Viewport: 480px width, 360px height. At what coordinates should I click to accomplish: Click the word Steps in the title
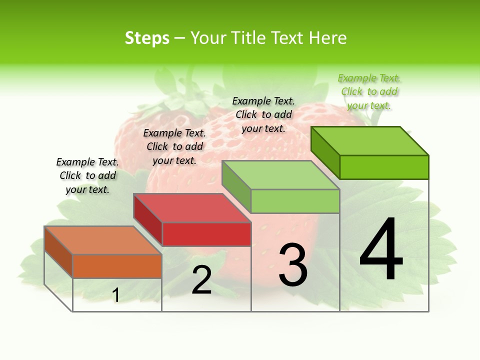(147, 38)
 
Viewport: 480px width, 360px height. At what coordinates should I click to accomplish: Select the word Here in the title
(327, 38)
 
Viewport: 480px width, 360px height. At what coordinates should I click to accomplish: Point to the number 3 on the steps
(292, 265)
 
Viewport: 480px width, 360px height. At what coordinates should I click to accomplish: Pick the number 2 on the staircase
(201, 280)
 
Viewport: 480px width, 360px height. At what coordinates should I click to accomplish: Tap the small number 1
(116, 295)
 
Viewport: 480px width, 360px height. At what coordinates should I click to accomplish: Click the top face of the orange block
(103, 240)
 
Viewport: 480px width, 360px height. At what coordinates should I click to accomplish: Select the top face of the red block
(192, 208)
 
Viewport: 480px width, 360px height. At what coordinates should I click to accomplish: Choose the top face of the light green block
(281, 175)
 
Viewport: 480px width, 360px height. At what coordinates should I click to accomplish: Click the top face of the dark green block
(370, 141)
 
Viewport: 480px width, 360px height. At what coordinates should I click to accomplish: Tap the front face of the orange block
(117, 266)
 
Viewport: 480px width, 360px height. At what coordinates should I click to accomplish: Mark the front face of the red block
(206, 234)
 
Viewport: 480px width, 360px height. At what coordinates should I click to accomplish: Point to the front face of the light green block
(295, 201)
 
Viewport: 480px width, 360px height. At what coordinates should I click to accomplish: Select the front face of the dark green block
(384, 167)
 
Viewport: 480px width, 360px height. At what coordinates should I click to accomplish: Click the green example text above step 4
(369, 92)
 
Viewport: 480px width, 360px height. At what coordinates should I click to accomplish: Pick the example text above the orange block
(87, 176)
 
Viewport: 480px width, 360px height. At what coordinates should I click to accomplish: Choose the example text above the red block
(174, 147)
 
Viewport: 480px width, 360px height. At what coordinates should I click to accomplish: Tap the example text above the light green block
(263, 115)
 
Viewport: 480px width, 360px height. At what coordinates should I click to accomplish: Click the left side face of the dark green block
(325, 152)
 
